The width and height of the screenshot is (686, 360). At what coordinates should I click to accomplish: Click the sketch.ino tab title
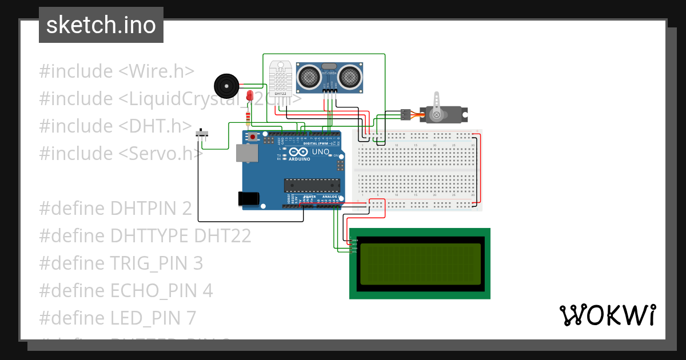[x=101, y=25]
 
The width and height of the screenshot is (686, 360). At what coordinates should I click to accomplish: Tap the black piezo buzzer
[x=226, y=86]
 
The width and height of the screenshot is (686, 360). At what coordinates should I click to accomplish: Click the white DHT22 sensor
[x=281, y=78]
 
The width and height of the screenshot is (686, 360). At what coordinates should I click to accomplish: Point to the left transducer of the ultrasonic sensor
[x=309, y=76]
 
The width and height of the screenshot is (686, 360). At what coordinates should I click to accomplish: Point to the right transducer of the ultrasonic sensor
[x=349, y=76]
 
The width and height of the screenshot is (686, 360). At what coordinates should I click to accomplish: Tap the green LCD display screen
[x=420, y=264]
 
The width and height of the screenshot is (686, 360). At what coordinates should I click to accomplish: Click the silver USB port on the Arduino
[x=246, y=154]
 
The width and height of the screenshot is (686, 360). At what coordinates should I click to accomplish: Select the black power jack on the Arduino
[x=249, y=198]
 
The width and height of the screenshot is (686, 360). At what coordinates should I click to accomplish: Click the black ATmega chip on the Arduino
[x=312, y=185]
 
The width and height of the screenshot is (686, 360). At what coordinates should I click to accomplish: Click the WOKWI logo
[x=607, y=315]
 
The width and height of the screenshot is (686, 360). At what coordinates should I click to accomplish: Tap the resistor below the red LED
[x=247, y=118]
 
